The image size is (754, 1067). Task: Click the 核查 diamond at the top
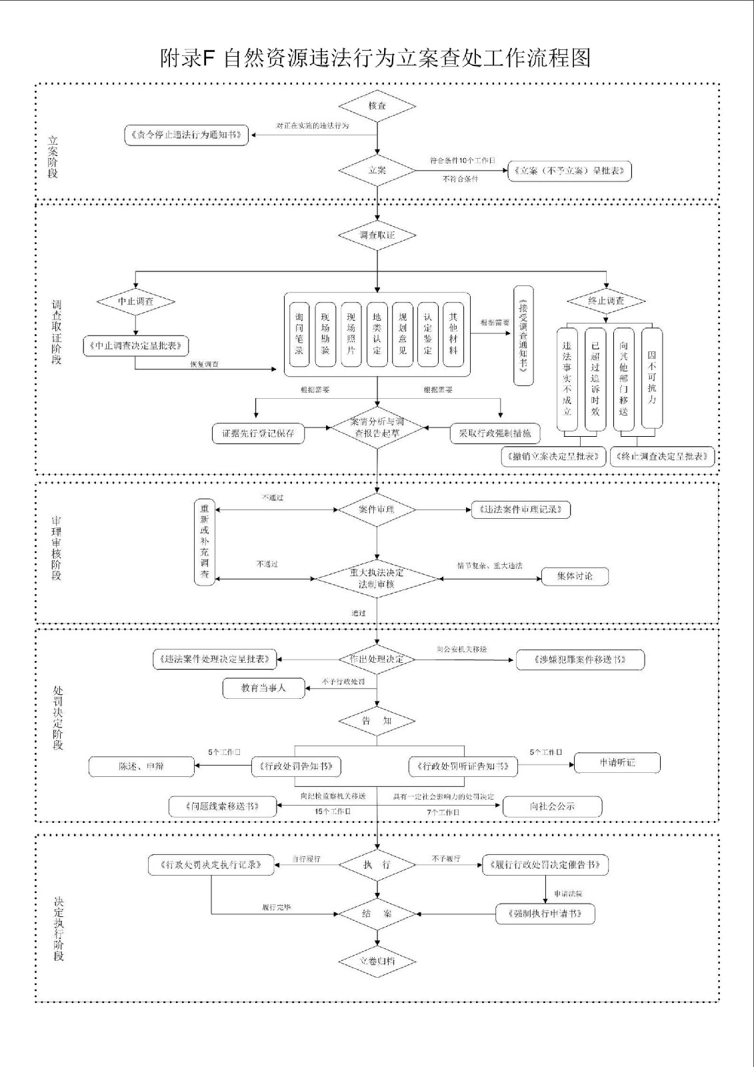[x=377, y=106]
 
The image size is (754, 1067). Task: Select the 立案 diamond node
[x=377, y=170]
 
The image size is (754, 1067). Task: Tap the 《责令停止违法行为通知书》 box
[x=187, y=135]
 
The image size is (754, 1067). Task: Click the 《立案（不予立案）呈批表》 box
[x=569, y=171]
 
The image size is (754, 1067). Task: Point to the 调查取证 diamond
[x=377, y=235]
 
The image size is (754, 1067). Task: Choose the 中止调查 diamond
[x=136, y=301]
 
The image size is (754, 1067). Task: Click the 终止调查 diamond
[x=606, y=301]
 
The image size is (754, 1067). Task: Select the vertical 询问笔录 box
[x=299, y=334]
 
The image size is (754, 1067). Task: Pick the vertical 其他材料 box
[x=453, y=334]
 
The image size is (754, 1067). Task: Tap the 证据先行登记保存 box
[x=258, y=433]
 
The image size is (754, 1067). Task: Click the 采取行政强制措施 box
[x=495, y=433]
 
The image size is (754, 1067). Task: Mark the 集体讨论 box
[x=575, y=576]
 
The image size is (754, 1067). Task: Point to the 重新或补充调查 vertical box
[x=205, y=542]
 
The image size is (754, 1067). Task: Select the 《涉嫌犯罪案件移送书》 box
[x=581, y=660]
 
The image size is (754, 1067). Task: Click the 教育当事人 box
[x=263, y=688]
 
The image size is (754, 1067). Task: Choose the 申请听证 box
[x=617, y=762]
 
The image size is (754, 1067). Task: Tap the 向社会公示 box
[x=552, y=806]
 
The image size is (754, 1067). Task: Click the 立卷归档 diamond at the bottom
[x=377, y=961]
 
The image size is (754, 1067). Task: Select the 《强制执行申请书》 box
[x=545, y=914]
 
